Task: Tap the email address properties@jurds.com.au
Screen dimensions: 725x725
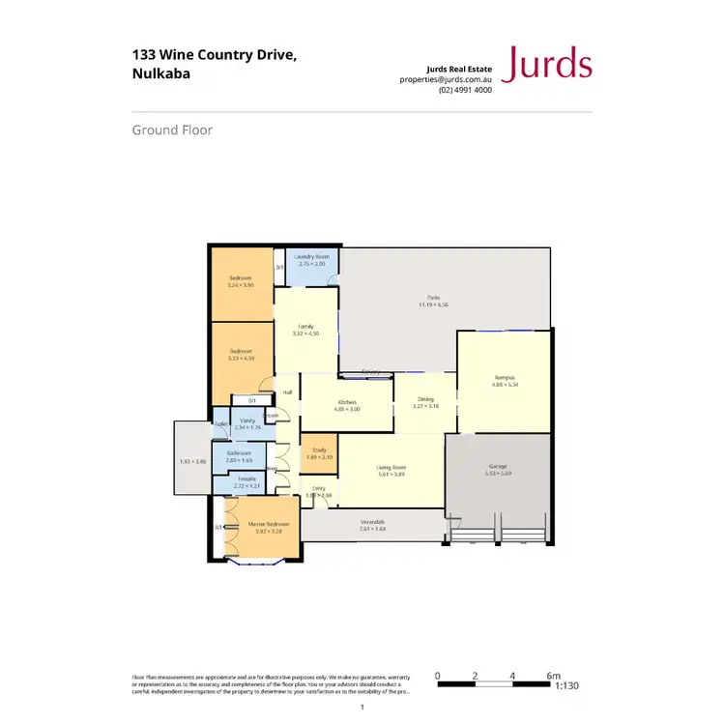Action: pos(447,79)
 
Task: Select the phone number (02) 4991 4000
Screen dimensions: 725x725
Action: pos(465,90)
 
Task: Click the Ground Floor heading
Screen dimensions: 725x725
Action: pos(172,130)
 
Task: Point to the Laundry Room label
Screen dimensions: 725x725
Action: pos(312,256)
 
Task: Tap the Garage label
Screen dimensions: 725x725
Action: pos(497,466)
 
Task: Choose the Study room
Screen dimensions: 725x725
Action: pos(318,453)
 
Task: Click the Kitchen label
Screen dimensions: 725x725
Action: pos(346,401)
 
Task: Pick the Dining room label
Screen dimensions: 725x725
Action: pos(425,398)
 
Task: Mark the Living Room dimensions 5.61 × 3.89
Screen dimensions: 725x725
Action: pos(391,475)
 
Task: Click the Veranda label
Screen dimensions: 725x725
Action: pos(373,522)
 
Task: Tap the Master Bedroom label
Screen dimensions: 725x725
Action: pos(262,525)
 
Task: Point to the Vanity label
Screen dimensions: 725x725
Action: pos(247,420)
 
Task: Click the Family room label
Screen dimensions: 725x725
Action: pos(305,327)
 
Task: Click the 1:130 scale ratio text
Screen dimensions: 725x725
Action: pos(567,685)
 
